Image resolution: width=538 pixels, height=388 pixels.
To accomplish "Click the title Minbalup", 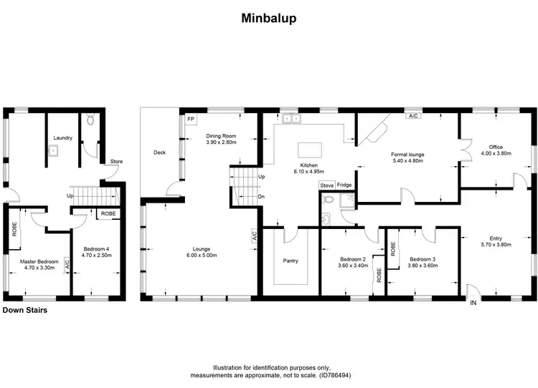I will pos(269,18).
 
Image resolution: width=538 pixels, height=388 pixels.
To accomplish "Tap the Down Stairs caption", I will pos(24,310).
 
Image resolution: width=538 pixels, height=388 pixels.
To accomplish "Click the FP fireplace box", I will pos(191,120).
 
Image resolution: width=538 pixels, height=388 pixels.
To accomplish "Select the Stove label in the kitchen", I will pos(326,185).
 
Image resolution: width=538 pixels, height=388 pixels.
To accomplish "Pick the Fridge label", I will pos(345,185).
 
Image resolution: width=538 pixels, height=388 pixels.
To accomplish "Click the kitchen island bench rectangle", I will pos(309,149).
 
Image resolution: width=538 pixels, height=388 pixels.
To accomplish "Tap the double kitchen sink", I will pos(291,118).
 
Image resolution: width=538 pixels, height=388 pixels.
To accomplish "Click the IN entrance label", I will pos(473,304).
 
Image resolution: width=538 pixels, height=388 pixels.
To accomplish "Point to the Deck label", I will pos(160,152).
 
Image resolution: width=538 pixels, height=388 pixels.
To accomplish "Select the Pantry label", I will pos(291,261).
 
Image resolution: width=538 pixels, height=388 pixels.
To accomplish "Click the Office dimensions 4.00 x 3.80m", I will pos(496,152).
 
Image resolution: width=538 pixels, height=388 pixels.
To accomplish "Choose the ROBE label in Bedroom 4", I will pos(108,213).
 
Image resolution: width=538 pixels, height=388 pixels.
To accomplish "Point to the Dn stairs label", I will pos(261,197).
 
